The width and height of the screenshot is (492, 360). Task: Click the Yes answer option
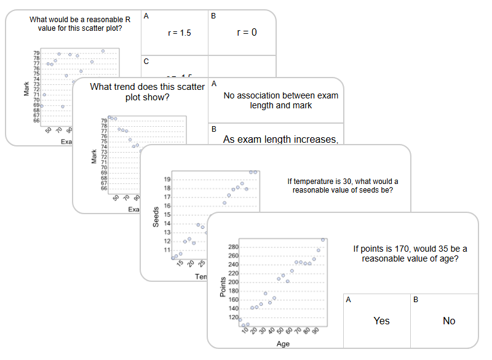[x=381, y=321]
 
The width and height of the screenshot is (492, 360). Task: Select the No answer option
[x=449, y=321]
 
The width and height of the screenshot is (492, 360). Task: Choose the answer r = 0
[x=246, y=33]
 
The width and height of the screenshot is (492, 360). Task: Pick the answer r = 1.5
[x=179, y=33]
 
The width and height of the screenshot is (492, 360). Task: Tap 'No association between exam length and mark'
[x=280, y=100]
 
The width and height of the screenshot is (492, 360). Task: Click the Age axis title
[x=283, y=344]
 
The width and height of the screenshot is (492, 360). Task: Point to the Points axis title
[x=223, y=286]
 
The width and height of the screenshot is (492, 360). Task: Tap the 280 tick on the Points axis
[x=233, y=247]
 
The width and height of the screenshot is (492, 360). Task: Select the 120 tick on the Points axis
[x=233, y=318]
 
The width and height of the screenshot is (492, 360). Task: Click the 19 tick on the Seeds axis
[x=167, y=179]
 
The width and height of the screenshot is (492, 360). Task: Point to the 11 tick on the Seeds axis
[x=167, y=250]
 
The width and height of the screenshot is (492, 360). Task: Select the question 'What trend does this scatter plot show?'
[x=147, y=92]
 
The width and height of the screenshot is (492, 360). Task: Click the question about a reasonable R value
[x=76, y=23]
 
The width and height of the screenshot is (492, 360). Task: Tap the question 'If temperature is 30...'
[x=343, y=185]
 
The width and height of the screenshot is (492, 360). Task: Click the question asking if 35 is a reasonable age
[x=410, y=254]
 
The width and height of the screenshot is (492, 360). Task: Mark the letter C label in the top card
[x=146, y=61]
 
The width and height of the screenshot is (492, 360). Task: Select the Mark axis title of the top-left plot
[x=26, y=89]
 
